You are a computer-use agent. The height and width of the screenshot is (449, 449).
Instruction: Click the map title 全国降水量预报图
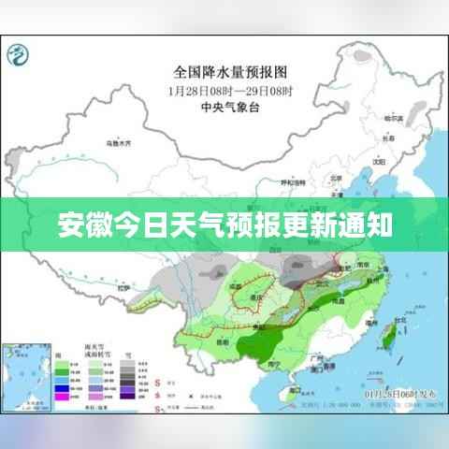[x=229, y=72]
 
